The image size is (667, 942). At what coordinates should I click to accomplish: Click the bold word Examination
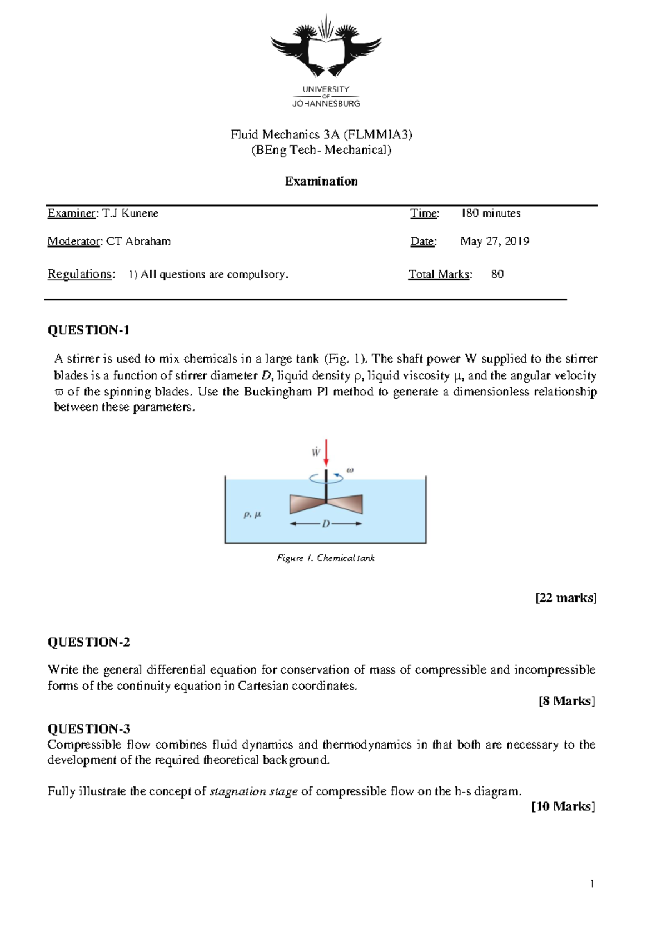pos(321,181)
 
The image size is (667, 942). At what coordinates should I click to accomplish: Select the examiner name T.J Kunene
pos(131,213)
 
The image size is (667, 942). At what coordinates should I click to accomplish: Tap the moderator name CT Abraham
pos(138,241)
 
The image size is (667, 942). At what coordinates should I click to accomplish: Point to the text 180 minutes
pos(491,213)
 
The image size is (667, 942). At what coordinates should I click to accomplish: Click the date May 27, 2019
pos(495,241)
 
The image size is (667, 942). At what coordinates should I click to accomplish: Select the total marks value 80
pos(497,274)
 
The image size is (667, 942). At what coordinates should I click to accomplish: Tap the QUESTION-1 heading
pos(88,330)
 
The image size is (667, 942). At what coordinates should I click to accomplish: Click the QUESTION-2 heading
pos(88,642)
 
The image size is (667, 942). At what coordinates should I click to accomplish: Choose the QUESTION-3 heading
pos(88,729)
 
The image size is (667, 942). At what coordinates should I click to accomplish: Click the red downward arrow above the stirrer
pos(326,453)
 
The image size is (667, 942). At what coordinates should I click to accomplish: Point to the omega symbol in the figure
pos(350,470)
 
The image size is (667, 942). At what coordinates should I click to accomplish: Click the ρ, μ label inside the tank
pos(252,514)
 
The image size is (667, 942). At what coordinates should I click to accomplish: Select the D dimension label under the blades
pos(326,524)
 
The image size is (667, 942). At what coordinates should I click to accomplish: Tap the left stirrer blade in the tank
pos(306,504)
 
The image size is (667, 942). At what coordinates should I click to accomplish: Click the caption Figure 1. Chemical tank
pos(326,558)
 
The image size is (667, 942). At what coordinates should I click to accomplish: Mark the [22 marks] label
pos(566,598)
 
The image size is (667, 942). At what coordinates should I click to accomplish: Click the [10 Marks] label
pos(563,806)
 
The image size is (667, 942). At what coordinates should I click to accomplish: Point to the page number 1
pos(592,884)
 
